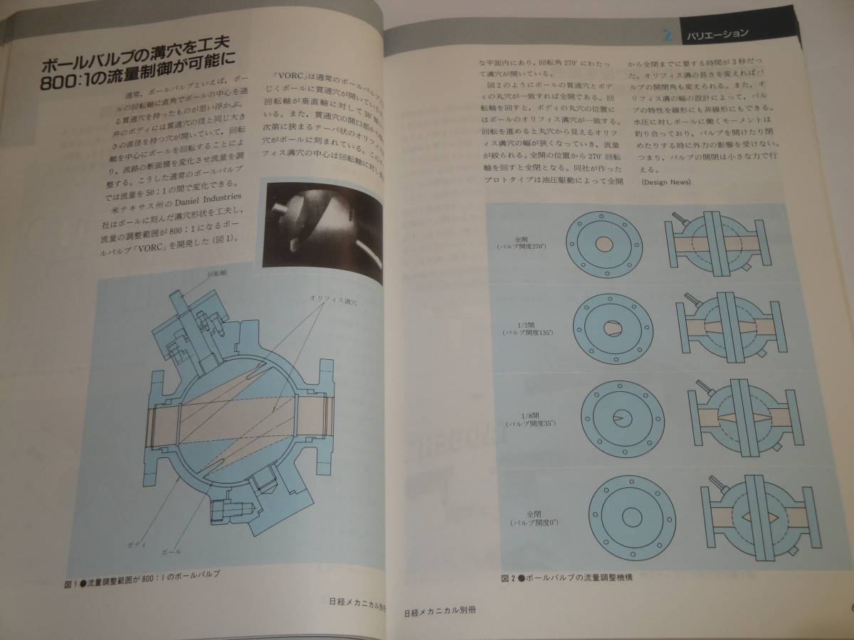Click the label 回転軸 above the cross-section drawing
217,274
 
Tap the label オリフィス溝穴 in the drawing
333,302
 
